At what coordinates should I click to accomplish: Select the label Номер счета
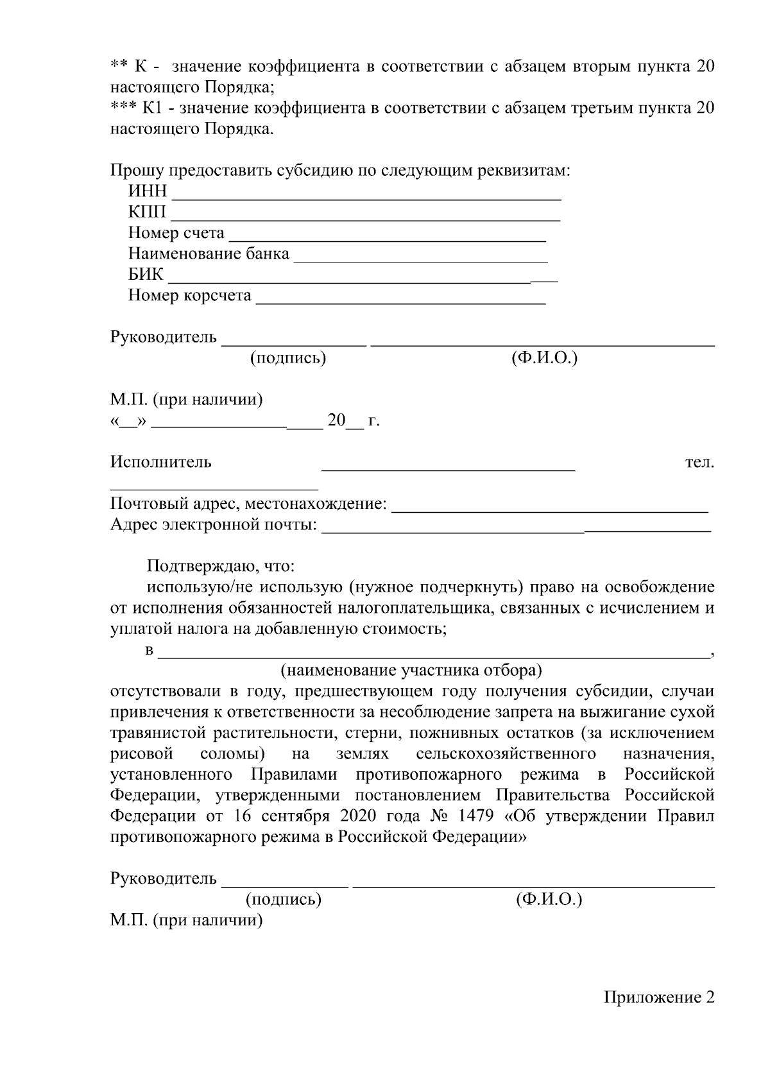[176, 233]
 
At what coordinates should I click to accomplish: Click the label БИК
[146, 275]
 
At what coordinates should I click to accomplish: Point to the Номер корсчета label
[190, 295]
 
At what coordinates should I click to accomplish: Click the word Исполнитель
[160, 462]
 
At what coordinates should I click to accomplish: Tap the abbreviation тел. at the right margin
[699, 462]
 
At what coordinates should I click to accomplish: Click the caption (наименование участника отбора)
[411, 671]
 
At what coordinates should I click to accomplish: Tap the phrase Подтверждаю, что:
[221, 566]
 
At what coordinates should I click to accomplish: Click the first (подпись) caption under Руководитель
[288, 358]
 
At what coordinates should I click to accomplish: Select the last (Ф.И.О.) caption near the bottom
[549, 900]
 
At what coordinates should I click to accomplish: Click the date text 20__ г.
[353, 421]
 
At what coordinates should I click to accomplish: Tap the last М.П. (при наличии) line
[186, 921]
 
